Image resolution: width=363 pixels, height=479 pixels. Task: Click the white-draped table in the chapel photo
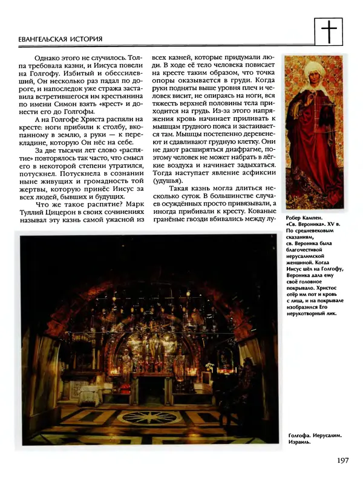(x=90, y=396)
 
